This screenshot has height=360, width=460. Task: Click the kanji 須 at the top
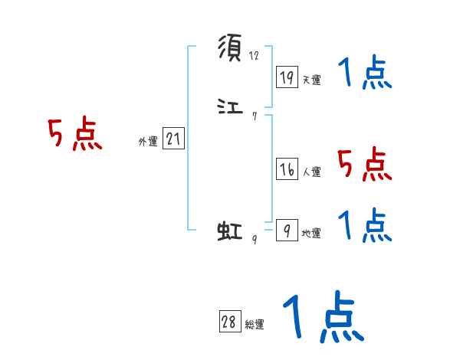click(230, 48)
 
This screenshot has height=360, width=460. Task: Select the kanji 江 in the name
click(230, 108)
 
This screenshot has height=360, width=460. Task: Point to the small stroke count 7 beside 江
click(255, 116)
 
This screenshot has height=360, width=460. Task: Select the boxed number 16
click(287, 170)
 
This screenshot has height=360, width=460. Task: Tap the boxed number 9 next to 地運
click(287, 230)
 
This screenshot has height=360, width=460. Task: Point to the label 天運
click(311, 80)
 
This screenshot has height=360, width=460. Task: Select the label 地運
click(311, 233)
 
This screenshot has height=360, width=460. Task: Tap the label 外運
click(148, 142)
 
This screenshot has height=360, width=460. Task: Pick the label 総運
click(254, 325)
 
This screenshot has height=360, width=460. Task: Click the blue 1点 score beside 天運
click(365, 75)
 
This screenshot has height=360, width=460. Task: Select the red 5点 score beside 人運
click(365, 164)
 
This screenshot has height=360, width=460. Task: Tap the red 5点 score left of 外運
click(74, 135)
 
